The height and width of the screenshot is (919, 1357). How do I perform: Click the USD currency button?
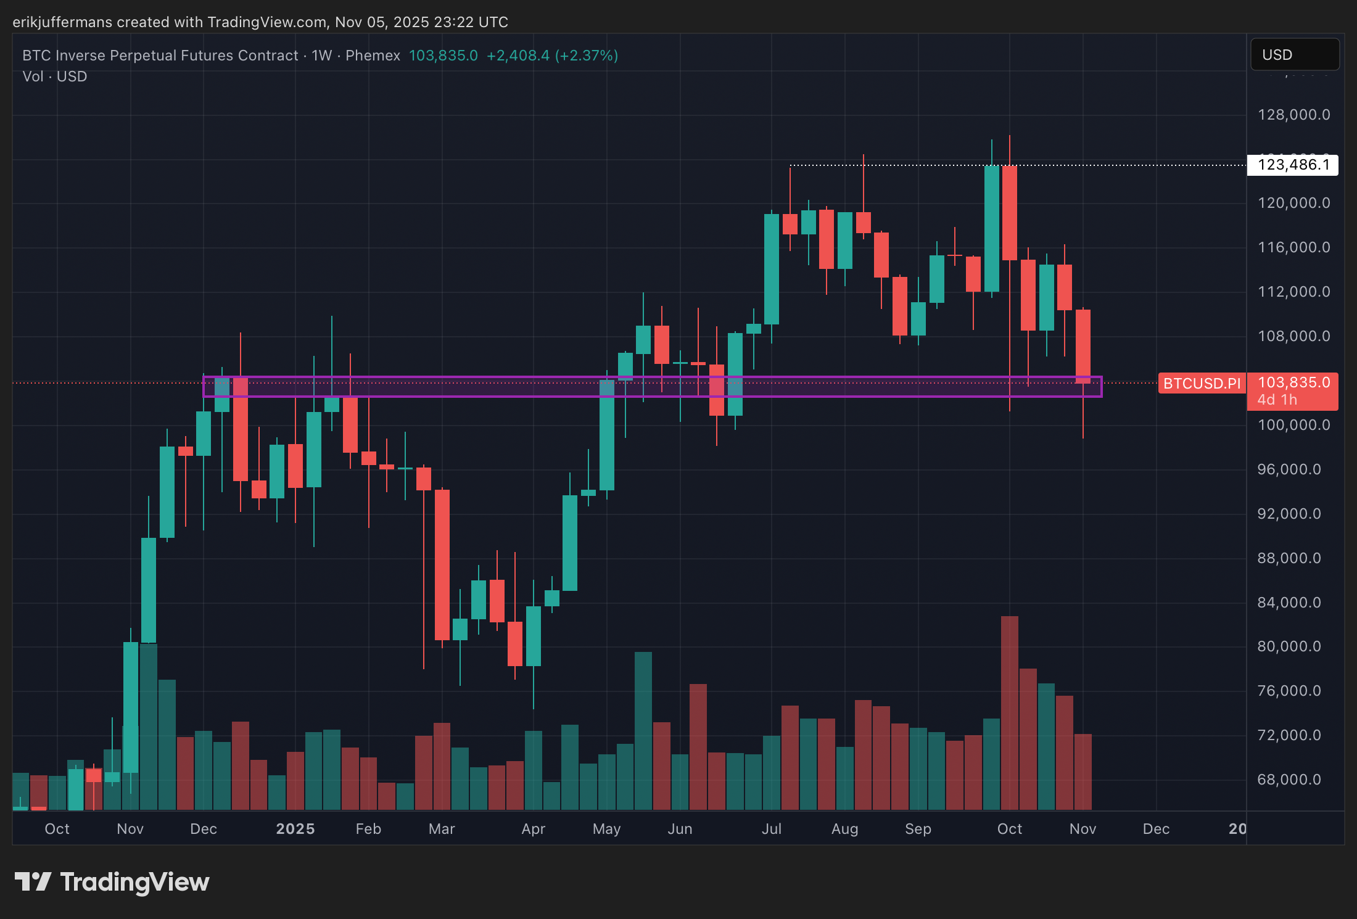point(1294,55)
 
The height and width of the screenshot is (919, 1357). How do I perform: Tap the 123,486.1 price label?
point(1293,165)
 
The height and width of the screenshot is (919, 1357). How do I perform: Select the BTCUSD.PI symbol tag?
point(1202,384)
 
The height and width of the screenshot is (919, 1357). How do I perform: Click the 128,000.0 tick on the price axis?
point(1293,115)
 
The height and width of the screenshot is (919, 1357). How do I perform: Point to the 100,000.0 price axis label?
point(1293,425)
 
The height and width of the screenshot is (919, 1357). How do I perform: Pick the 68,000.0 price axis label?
point(1289,780)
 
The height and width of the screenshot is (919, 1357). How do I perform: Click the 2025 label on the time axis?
point(295,829)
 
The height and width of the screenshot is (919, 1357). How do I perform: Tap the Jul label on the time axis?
point(771,829)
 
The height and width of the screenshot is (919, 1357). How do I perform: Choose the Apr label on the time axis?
point(533,829)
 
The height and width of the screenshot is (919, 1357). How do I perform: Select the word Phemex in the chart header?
point(373,56)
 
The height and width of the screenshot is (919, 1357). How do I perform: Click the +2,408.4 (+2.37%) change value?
point(552,56)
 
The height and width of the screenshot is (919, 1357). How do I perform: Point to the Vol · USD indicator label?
point(54,76)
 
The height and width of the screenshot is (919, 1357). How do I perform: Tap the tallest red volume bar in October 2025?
point(1009,712)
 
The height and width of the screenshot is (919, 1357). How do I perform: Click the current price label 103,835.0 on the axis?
point(1293,382)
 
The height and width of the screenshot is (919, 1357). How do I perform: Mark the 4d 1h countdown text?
point(1277,400)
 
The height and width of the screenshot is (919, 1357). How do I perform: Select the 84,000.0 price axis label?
point(1289,603)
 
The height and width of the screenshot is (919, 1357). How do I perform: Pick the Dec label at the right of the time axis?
point(1156,829)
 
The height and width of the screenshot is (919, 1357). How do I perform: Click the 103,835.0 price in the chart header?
point(443,56)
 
